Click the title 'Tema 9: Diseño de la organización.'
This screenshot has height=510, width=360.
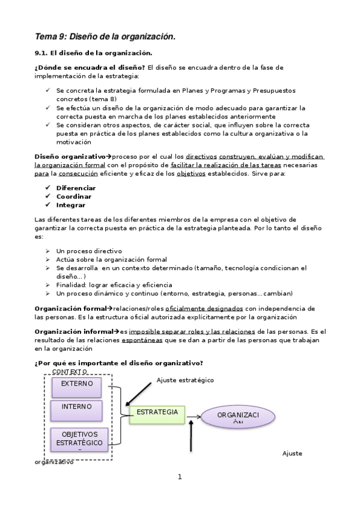point(105,37)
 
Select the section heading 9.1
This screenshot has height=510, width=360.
point(93,53)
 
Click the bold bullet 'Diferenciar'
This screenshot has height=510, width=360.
point(76,188)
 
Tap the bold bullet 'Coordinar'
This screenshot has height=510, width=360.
point(74,196)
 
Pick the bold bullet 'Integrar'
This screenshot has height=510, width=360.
point(71,204)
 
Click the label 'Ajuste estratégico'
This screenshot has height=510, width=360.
point(185,380)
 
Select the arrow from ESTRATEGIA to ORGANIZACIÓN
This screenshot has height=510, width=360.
point(194,416)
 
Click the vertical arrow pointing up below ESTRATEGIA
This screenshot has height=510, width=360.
point(191,437)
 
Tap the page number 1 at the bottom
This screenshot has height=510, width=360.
point(179,477)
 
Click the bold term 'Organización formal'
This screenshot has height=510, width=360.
point(70,308)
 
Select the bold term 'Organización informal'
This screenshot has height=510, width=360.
point(74,331)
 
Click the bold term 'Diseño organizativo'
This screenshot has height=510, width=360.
point(70,156)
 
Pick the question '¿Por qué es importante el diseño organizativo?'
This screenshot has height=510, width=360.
point(118,363)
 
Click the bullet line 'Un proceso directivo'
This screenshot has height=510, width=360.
point(89,250)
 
